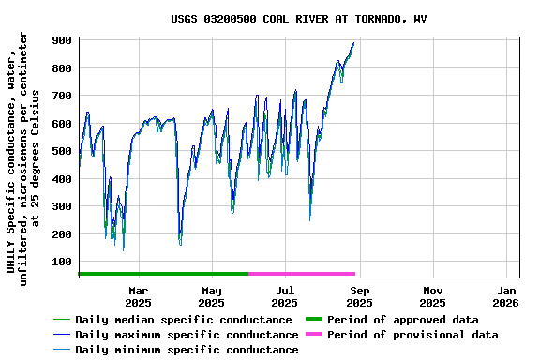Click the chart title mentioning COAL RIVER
click(x=298, y=19)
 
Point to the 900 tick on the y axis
click(x=64, y=41)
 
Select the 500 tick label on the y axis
click(x=64, y=151)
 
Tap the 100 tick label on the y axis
click(x=64, y=262)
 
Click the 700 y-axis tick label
click(x=64, y=97)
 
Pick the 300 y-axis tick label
click(x=64, y=206)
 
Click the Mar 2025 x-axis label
click(x=138, y=296)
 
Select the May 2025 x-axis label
click(x=211, y=296)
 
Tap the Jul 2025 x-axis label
click(x=284, y=296)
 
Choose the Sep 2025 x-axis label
click(x=359, y=296)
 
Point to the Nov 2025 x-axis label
click(x=432, y=296)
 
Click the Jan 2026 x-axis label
click(x=505, y=296)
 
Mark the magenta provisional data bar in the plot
click(x=302, y=274)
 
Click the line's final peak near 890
click(x=353, y=43)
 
